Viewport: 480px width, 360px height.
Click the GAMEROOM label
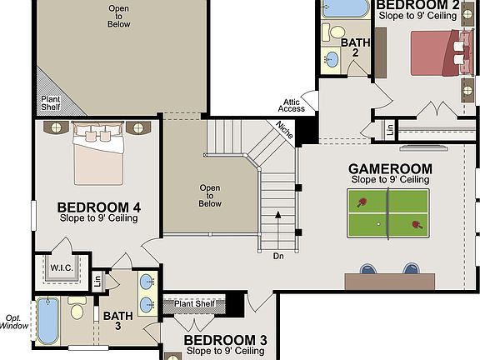coord(390,168)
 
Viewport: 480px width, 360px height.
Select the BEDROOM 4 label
coord(98,207)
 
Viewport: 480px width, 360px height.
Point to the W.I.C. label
coord(62,268)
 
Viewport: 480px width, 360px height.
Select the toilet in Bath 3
coord(77,312)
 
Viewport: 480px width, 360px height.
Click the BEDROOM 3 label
coord(225,340)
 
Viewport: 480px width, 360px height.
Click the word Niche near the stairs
coord(285,129)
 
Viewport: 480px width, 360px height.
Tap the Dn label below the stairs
coord(278,256)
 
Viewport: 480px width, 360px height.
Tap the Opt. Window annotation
coord(13,321)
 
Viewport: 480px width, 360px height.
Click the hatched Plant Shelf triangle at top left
coord(52,103)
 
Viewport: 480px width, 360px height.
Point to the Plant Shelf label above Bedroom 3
coord(194,303)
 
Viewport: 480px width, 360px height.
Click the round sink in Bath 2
coord(331,59)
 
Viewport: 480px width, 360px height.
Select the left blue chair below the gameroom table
coord(367,268)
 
